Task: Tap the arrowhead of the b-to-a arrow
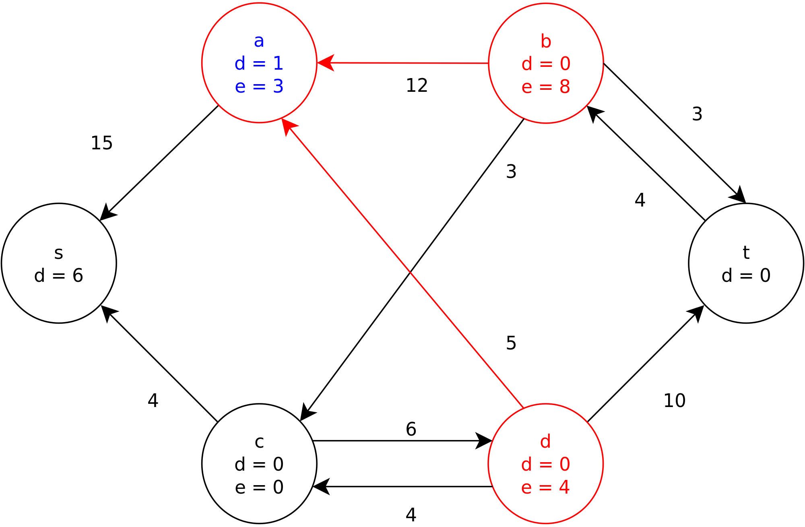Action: [326, 63]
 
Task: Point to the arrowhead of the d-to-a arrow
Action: [287, 126]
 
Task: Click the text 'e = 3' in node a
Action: [259, 87]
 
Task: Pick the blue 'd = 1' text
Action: [259, 64]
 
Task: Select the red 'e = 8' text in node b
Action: [546, 87]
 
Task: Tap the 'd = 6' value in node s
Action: [59, 276]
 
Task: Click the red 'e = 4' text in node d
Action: [545, 488]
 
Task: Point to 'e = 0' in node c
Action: [259, 488]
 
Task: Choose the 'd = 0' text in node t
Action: [746, 276]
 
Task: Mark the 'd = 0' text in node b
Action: [546, 64]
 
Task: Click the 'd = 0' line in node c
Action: [259, 465]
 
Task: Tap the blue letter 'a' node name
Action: [259, 41]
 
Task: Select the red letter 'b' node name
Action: [546, 41]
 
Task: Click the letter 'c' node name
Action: [259, 442]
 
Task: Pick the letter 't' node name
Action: [746, 253]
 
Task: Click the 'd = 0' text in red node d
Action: [545, 465]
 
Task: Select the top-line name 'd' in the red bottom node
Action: [545, 442]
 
